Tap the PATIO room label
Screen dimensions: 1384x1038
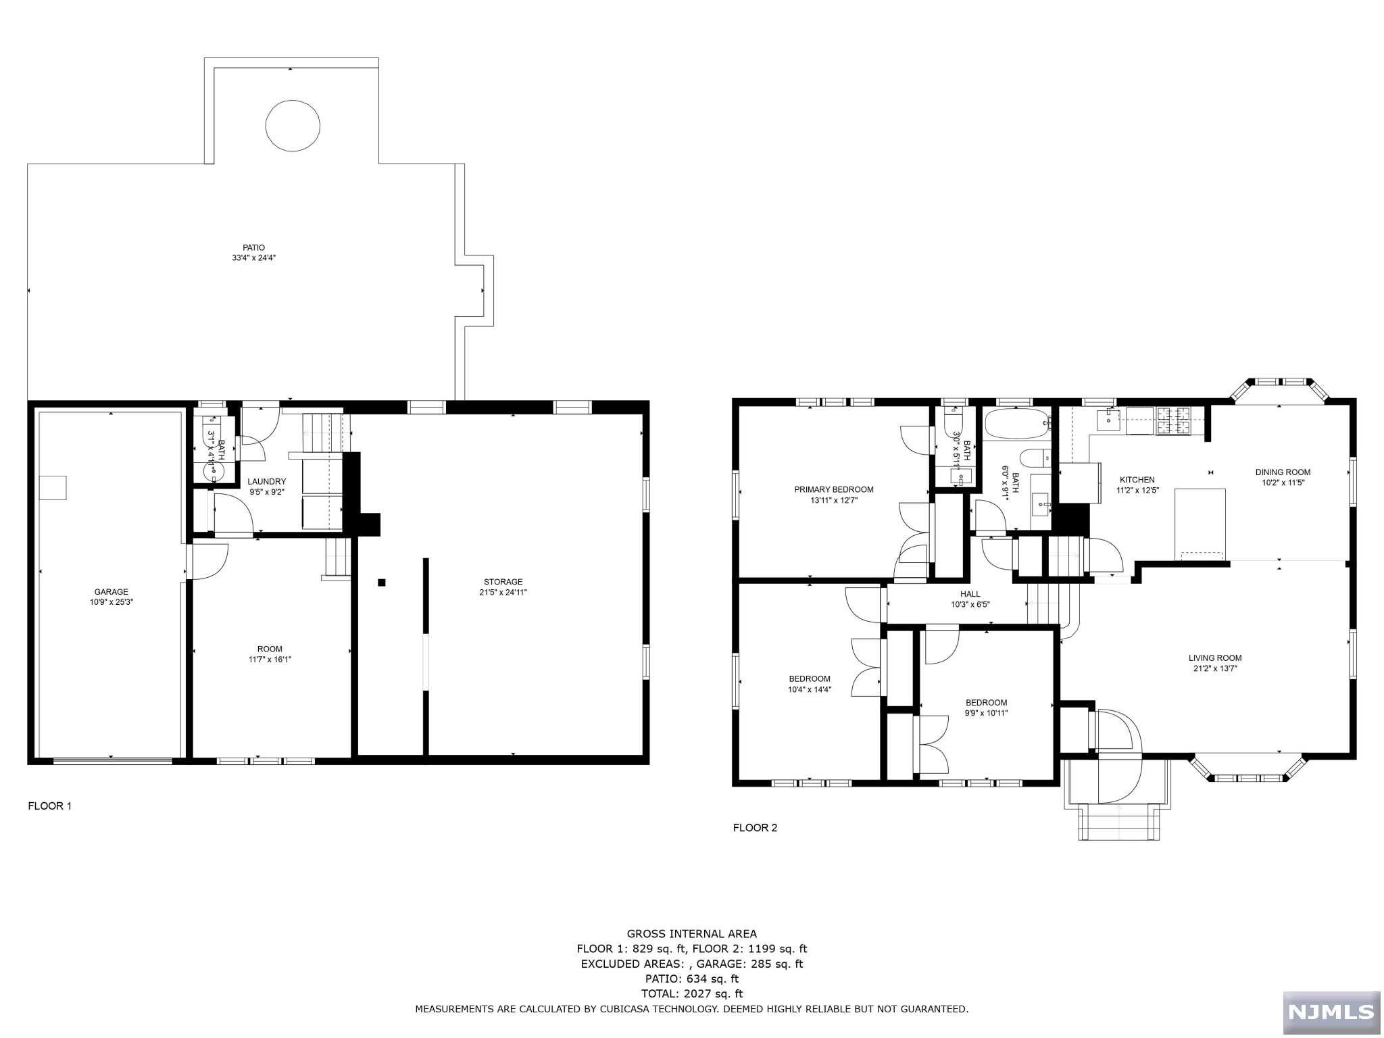point(254,247)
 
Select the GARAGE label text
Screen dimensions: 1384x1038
point(112,592)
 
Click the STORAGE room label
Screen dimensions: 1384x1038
point(503,582)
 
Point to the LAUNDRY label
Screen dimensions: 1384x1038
point(266,482)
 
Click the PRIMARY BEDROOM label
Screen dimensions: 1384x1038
point(833,490)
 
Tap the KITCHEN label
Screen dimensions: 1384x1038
point(1137,480)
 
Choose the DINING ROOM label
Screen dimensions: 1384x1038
point(1283,472)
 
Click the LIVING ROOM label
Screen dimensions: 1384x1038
point(1215,658)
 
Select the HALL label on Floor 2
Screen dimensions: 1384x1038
point(970,594)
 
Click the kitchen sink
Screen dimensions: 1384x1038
point(1108,419)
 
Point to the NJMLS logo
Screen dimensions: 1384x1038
point(1331,1012)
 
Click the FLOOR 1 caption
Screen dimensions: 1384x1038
point(49,806)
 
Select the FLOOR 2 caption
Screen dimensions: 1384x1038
point(755,827)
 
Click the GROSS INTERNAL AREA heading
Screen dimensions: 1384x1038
point(691,934)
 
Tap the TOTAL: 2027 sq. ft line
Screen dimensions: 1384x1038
point(691,993)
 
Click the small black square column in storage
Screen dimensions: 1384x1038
point(382,583)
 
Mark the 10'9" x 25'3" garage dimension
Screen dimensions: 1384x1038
point(112,602)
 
